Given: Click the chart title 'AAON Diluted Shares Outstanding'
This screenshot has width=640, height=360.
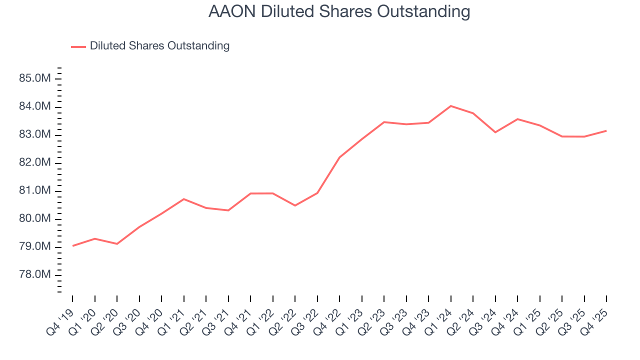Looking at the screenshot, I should [x=339, y=11].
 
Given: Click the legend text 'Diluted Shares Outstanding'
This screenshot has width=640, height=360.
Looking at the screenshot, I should [x=159, y=46].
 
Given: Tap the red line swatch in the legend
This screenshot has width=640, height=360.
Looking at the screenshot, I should [x=78, y=46].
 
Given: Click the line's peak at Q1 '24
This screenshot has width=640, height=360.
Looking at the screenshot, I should [x=450, y=106].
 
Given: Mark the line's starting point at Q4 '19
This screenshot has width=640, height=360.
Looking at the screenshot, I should [x=72, y=245].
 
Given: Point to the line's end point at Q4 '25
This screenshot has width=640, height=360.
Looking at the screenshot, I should [x=606, y=130].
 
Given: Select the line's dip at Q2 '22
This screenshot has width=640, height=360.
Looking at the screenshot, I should [x=295, y=205].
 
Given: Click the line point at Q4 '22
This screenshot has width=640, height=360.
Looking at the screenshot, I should [x=339, y=157].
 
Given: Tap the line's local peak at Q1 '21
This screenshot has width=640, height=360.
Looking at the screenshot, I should [x=184, y=199].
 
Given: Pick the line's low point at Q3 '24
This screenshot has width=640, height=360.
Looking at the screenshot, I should [x=495, y=132].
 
